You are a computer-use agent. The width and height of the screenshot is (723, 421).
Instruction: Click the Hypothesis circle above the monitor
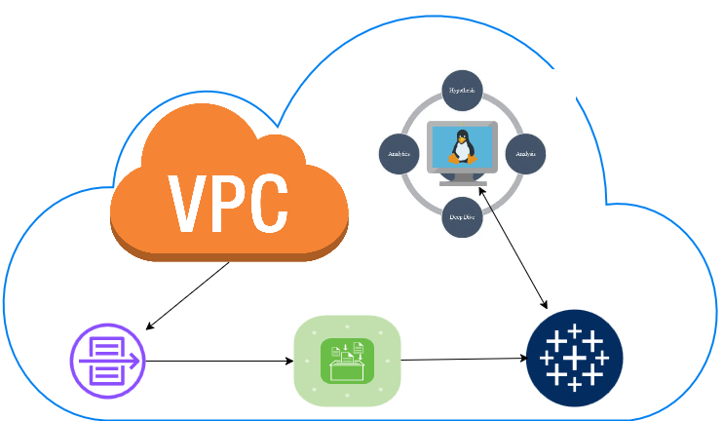pos(463,90)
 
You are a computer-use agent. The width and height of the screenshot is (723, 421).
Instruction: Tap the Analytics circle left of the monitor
pos(399,154)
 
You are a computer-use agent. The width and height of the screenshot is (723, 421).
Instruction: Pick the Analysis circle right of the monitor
pos(525,154)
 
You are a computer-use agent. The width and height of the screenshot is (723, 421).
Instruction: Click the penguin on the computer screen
pos(461,146)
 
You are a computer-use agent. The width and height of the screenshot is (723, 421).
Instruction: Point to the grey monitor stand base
pos(463,182)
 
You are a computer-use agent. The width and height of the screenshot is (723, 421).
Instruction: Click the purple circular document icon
pos(107,361)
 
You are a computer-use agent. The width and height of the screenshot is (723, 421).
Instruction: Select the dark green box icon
pos(347,361)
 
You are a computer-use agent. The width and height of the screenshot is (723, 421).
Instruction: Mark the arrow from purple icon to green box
pos(219,361)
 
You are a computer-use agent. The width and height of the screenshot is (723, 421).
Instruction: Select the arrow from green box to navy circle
pos(464,360)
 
